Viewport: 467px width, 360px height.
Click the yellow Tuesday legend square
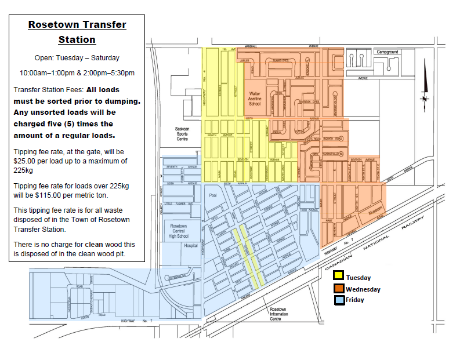click(x=338, y=277)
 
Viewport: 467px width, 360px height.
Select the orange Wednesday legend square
click(x=338, y=288)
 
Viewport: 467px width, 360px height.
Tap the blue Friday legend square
click(x=338, y=300)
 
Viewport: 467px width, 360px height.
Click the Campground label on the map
click(x=388, y=52)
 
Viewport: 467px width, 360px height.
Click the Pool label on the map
click(x=212, y=196)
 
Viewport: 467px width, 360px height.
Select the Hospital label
click(x=191, y=246)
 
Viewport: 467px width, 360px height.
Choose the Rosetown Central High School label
click(x=179, y=231)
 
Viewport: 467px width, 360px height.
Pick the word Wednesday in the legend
click(x=363, y=289)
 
